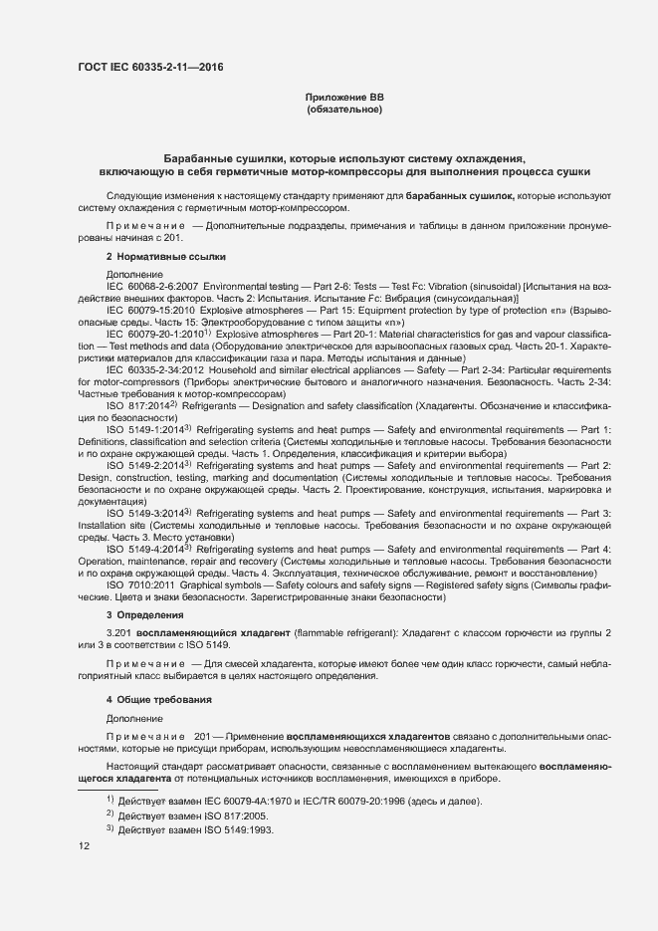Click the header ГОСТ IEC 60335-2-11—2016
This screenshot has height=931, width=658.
pos(150,68)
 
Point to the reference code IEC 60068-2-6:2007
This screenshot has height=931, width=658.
pos(152,286)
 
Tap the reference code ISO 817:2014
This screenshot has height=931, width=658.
pos(137,405)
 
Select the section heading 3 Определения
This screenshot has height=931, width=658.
pos(145,616)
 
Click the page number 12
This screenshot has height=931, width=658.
pos(84,845)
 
